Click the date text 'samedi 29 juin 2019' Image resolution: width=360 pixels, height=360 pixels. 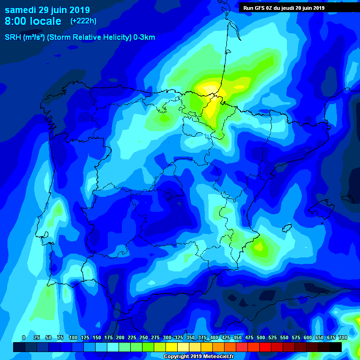point(47,10)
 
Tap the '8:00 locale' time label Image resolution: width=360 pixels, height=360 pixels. point(33,21)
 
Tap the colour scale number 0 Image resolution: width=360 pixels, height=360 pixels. point(23,338)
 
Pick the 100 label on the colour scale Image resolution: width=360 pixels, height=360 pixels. point(73,338)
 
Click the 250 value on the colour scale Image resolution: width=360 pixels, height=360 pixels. point(144,338)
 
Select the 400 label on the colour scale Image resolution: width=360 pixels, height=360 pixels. point(214,338)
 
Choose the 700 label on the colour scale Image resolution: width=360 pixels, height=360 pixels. point(343,338)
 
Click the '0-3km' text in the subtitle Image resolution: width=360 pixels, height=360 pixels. point(144,37)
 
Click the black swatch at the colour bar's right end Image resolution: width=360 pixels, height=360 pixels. point(335,347)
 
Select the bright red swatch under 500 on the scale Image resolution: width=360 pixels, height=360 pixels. point(265,347)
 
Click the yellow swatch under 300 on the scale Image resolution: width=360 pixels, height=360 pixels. point(172,347)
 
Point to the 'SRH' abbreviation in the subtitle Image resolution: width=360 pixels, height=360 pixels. point(13,37)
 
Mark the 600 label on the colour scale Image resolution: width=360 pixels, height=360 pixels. point(308,338)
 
